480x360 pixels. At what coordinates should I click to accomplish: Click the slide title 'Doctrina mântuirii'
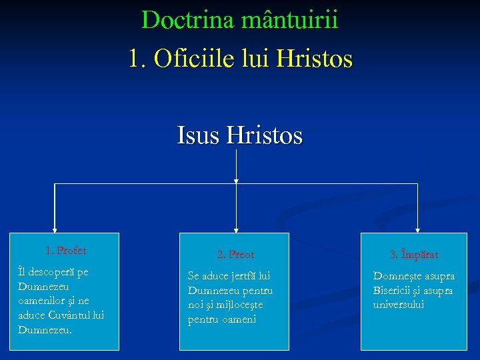(x=240, y=20)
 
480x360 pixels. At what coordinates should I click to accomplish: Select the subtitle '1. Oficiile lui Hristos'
(x=240, y=58)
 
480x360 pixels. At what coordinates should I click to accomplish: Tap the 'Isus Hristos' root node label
(x=240, y=136)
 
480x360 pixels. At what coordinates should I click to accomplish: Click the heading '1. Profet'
(x=65, y=251)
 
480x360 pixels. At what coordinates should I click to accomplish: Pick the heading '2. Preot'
(x=235, y=254)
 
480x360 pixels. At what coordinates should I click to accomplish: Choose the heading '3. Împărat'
(x=414, y=254)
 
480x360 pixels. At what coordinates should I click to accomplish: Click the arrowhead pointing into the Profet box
(x=55, y=229)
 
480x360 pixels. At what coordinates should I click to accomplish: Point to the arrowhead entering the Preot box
(x=236, y=229)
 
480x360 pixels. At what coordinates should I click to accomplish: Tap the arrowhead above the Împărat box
(x=417, y=229)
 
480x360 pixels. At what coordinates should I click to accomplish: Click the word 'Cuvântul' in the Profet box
(x=71, y=315)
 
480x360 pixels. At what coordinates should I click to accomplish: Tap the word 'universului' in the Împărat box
(x=399, y=305)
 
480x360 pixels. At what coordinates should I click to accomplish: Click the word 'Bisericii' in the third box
(x=392, y=291)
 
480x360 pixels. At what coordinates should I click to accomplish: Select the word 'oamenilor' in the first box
(x=41, y=301)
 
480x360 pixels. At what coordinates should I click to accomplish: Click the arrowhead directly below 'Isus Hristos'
(x=236, y=180)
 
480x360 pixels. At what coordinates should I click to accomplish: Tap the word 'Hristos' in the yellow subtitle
(x=313, y=58)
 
